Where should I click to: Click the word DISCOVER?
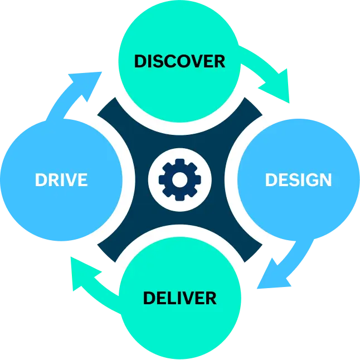(x=179, y=60)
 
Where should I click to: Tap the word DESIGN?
(x=298, y=180)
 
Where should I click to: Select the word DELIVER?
(x=179, y=298)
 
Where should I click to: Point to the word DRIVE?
(x=61, y=180)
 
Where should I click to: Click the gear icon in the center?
(x=179, y=179)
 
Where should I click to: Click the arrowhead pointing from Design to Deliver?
(x=274, y=276)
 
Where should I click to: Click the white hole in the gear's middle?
(x=179, y=179)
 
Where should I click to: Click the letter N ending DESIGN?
(x=325, y=180)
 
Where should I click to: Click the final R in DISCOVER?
(x=218, y=60)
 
